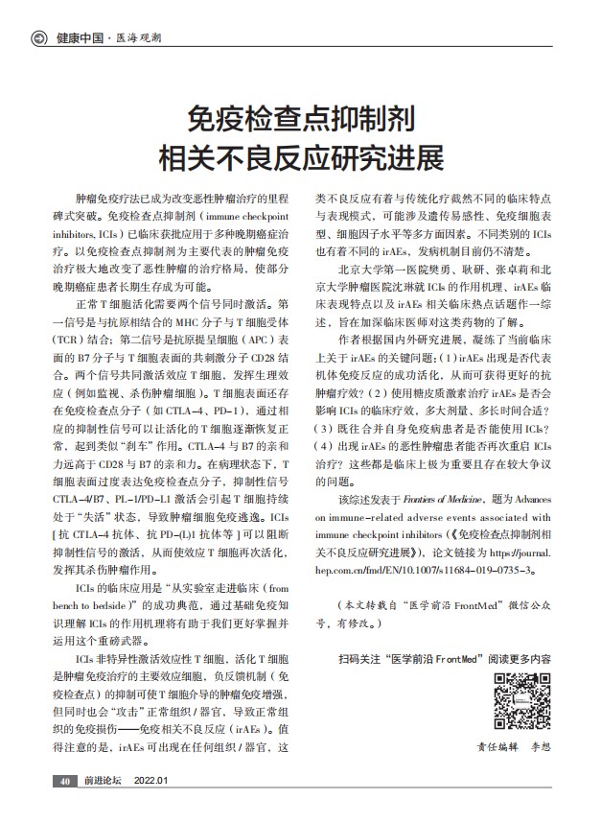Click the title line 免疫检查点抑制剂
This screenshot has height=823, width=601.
[x=300, y=120]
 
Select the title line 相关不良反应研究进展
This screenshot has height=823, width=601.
[x=300, y=156]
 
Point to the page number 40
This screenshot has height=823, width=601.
[x=63, y=781]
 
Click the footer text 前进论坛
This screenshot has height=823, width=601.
[x=103, y=781]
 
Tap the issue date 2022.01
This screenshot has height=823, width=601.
[x=150, y=781]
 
